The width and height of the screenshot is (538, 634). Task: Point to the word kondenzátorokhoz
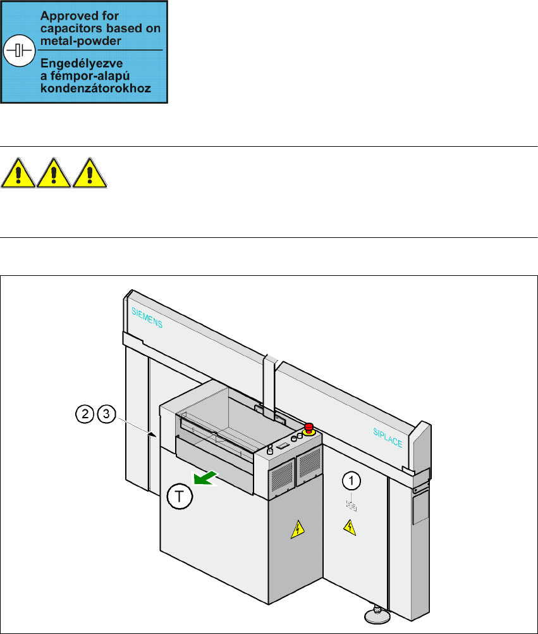[96, 88]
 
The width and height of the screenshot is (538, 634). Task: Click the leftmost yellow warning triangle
[18, 173]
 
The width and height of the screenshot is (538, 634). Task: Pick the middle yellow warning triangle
[54, 173]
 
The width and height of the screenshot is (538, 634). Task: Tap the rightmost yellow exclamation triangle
[90, 173]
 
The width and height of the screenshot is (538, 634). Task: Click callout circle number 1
[352, 482]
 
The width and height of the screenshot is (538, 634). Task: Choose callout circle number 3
[106, 414]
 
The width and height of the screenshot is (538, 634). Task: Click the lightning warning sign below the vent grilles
[296, 529]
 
